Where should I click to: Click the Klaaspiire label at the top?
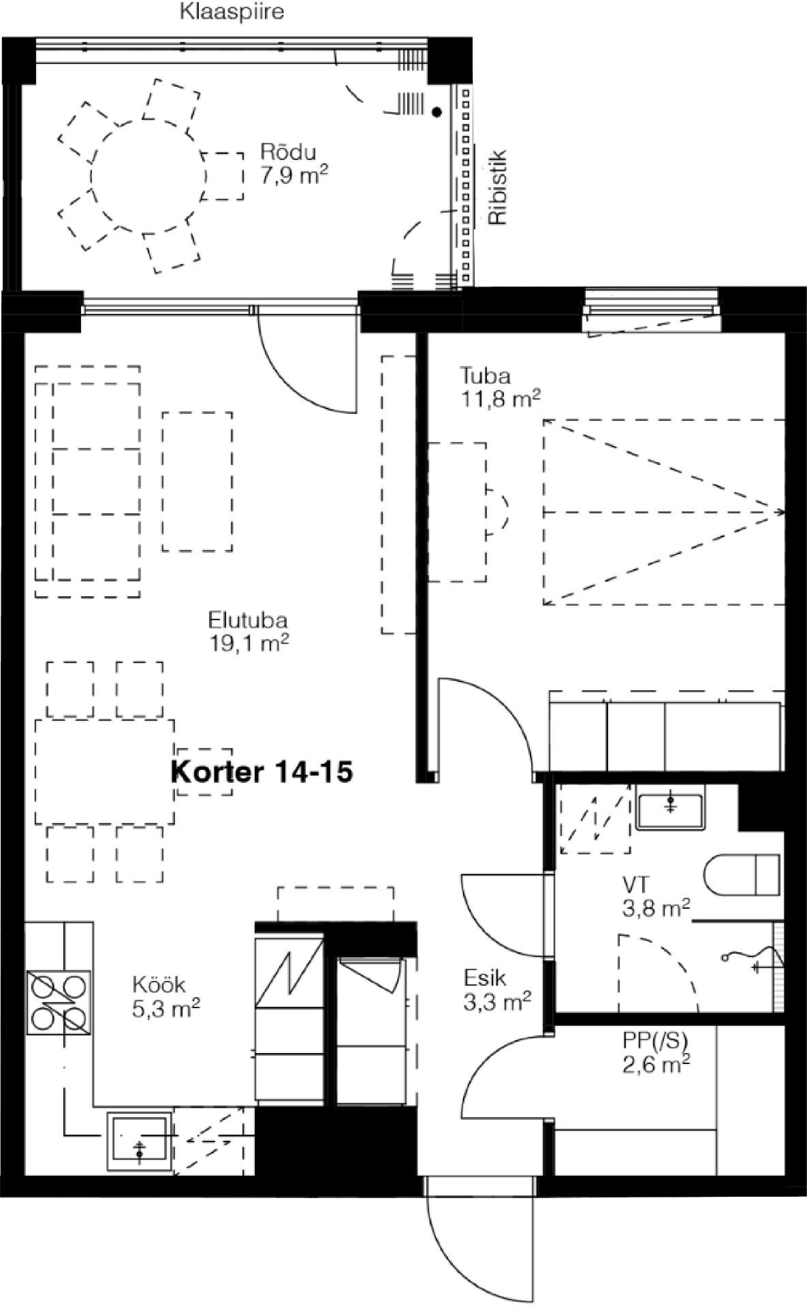[x=232, y=12]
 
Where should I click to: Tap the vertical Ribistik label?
[x=498, y=187]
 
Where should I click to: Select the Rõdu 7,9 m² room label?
[x=294, y=164]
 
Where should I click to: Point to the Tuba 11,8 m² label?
[x=501, y=386]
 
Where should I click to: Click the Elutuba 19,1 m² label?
[x=249, y=631]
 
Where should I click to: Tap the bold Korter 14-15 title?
[x=262, y=772]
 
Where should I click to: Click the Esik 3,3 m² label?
[x=496, y=989]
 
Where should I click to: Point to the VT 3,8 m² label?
[x=656, y=896]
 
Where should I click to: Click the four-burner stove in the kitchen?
[x=59, y=1002]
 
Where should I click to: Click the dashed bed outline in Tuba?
[x=665, y=512]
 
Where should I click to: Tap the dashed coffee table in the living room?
[x=197, y=482]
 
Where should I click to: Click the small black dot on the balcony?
[x=437, y=112]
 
